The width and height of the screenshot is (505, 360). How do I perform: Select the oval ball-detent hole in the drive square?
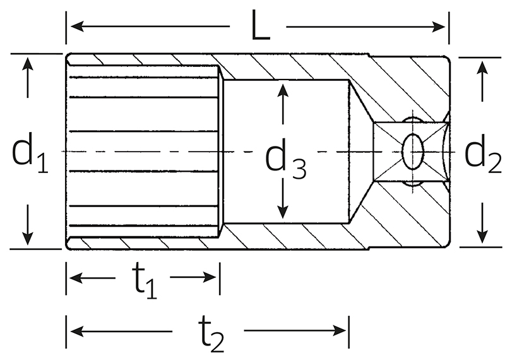(x=413, y=152)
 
